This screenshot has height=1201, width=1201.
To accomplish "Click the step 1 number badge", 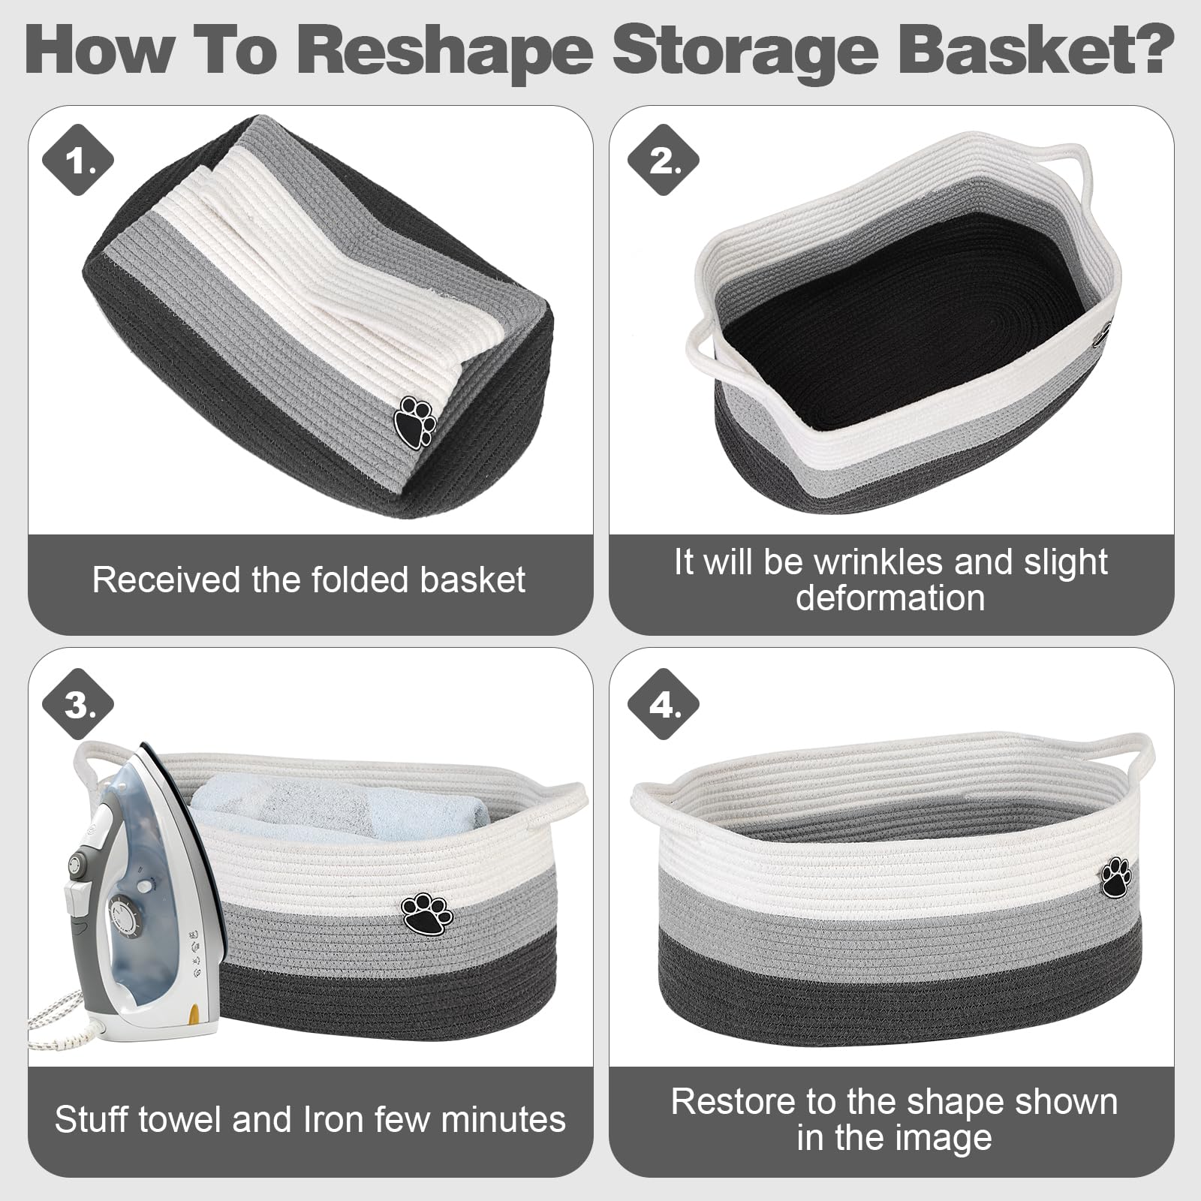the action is click(78, 161).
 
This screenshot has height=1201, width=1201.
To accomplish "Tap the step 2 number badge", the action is click(663, 161).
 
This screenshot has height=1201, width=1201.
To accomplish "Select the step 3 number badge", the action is click(78, 705).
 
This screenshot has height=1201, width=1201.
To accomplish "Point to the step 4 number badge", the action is click(663, 705).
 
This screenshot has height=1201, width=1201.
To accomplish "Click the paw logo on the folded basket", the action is click(415, 421).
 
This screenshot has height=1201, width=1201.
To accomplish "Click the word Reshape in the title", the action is click(444, 50).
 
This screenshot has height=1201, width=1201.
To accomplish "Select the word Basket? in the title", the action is click(1037, 49).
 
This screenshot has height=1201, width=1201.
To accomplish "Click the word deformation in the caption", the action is click(890, 598).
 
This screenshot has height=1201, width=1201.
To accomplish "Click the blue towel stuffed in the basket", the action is click(338, 807).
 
